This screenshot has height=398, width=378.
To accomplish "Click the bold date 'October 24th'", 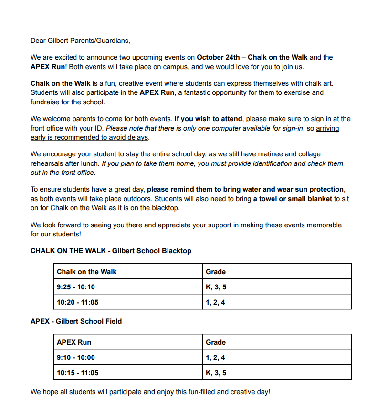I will tap(219, 57).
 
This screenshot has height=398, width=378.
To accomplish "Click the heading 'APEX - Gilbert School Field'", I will tap(76, 321).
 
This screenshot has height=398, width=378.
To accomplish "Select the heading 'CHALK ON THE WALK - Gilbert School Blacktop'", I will tap(111, 251).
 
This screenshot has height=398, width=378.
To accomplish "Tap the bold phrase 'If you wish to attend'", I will tap(209, 119).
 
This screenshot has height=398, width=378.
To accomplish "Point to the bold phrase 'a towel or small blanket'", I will tap(293, 199).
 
